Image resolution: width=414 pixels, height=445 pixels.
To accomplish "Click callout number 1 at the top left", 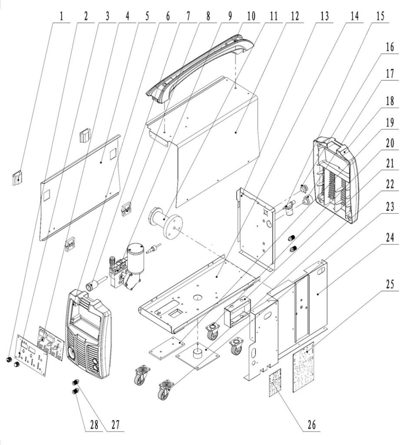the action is [61, 16].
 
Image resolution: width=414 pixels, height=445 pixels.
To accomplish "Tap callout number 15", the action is [380, 16].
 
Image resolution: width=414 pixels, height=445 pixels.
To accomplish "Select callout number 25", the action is [390, 284].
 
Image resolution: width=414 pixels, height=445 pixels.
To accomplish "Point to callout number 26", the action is [311, 425].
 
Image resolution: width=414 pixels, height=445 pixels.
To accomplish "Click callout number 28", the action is [94, 425].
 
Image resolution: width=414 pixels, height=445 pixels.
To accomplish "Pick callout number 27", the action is [115, 425].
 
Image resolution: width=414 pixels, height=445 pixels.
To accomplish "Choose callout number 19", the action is [390, 122].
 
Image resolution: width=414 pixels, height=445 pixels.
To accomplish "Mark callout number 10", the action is [251, 16].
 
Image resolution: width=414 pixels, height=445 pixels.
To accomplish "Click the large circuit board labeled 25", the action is [304, 367].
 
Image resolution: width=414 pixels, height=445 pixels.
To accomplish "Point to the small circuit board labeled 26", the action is [275, 383].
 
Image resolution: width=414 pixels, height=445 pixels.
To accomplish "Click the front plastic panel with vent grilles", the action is [88, 334].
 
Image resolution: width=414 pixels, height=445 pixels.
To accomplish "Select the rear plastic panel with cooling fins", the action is [335, 181].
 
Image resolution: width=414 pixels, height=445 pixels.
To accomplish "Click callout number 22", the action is [390, 185].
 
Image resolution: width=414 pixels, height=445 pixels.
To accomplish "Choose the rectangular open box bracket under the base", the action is [238, 312].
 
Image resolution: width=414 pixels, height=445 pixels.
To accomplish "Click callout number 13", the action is [325, 16].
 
